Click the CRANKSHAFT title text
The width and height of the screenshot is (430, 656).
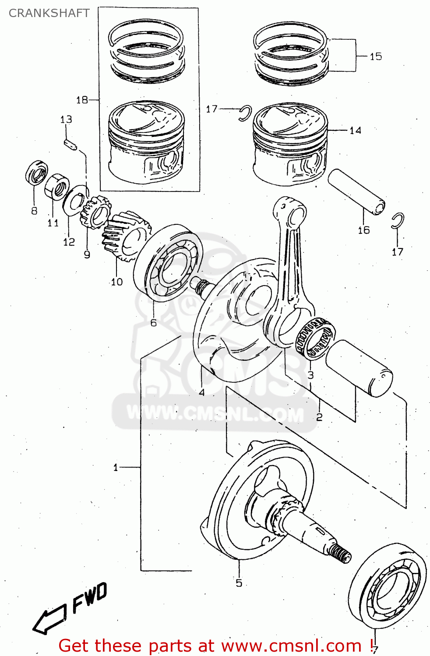(49, 13)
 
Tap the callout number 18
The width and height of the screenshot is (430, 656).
(82, 100)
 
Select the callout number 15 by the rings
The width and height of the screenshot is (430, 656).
(375, 56)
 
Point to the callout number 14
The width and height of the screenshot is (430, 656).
(355, 130)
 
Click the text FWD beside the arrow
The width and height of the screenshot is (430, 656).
(90, 597)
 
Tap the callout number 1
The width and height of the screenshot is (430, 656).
(116, 468)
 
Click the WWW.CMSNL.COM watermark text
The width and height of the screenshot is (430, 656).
(215, 413)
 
